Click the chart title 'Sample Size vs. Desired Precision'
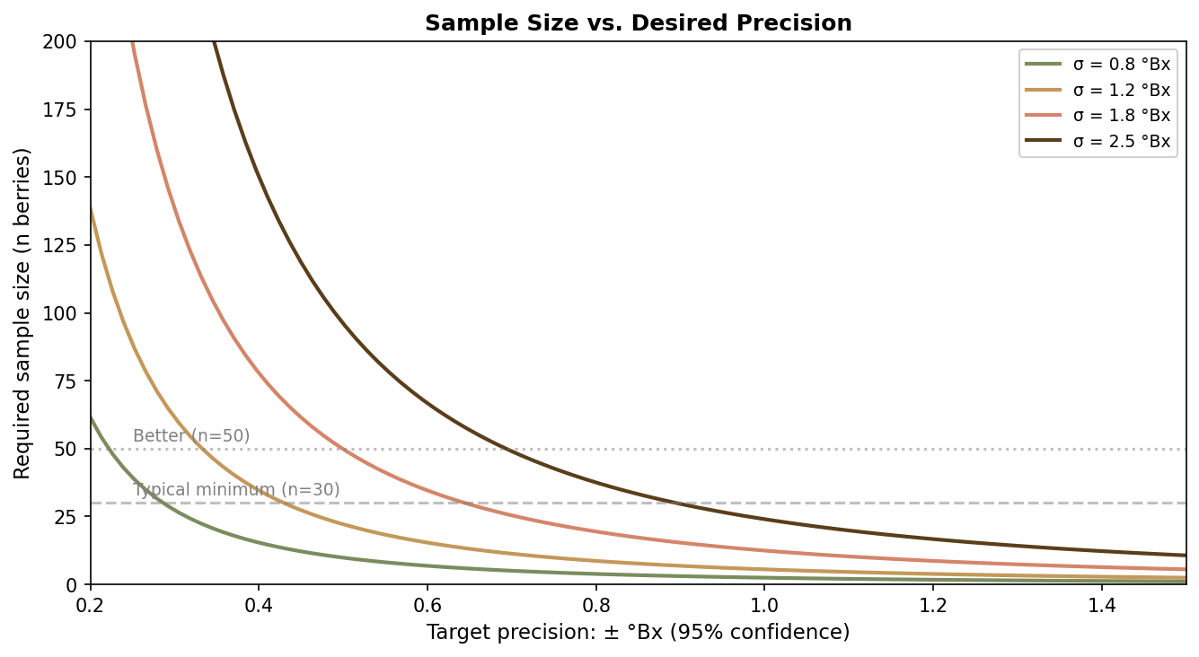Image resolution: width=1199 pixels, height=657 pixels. tap(638, 23)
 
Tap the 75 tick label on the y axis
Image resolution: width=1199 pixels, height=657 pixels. tap(72, 381)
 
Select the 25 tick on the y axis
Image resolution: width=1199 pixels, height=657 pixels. tap(72, 517)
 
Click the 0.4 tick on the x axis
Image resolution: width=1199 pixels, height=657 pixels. tap(259, 601)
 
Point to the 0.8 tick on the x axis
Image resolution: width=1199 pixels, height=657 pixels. tap(595, 601)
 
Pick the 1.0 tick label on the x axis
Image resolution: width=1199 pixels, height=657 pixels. tap(764, 601)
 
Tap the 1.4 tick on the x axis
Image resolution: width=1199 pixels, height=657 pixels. tap(1101, 601)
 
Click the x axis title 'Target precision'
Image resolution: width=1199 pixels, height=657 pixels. tap(638, 633)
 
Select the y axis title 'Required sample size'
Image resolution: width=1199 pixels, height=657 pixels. tap(22, 313)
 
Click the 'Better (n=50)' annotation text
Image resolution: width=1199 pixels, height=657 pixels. tap(191, 436)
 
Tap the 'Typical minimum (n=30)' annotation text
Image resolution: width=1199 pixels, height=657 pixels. tap(236, 490)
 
